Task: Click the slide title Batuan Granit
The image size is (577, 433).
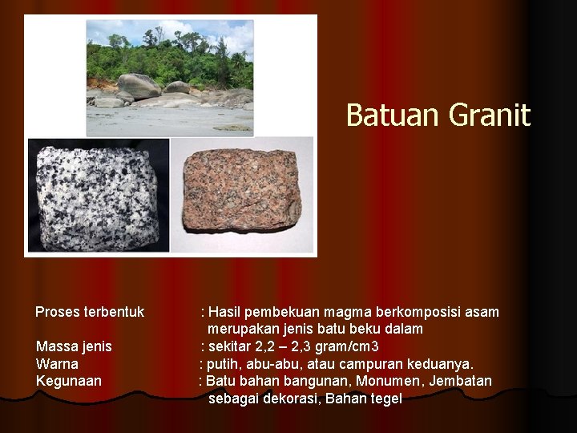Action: (438, 115)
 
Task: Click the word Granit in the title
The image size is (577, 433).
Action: (490, 115)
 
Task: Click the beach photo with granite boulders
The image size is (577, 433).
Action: (169, 77)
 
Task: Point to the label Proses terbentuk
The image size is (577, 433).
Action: (90, 312)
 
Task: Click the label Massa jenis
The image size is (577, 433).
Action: (74, 346)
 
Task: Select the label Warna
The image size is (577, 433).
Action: (57, 364)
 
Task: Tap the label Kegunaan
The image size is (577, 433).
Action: (69, 381)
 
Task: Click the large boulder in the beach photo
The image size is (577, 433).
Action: (139, 86)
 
